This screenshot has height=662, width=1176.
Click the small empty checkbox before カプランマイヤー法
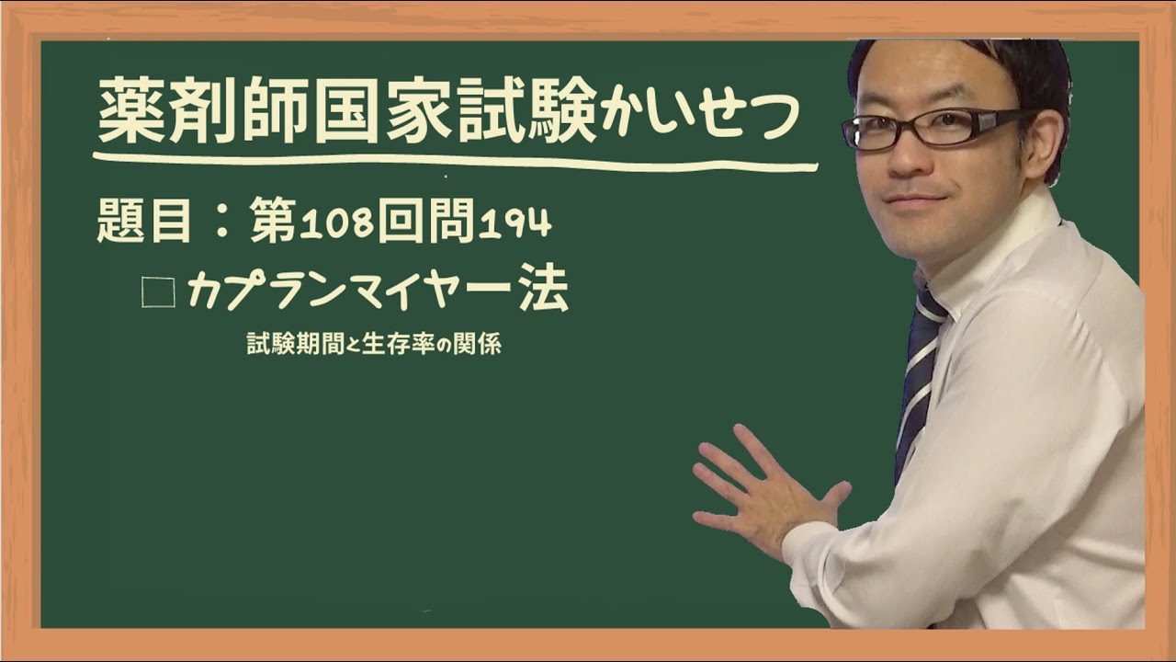tap(158, 293)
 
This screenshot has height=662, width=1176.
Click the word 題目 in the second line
tap(144, 223)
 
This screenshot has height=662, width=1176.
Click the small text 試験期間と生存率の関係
tap(374, 345)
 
